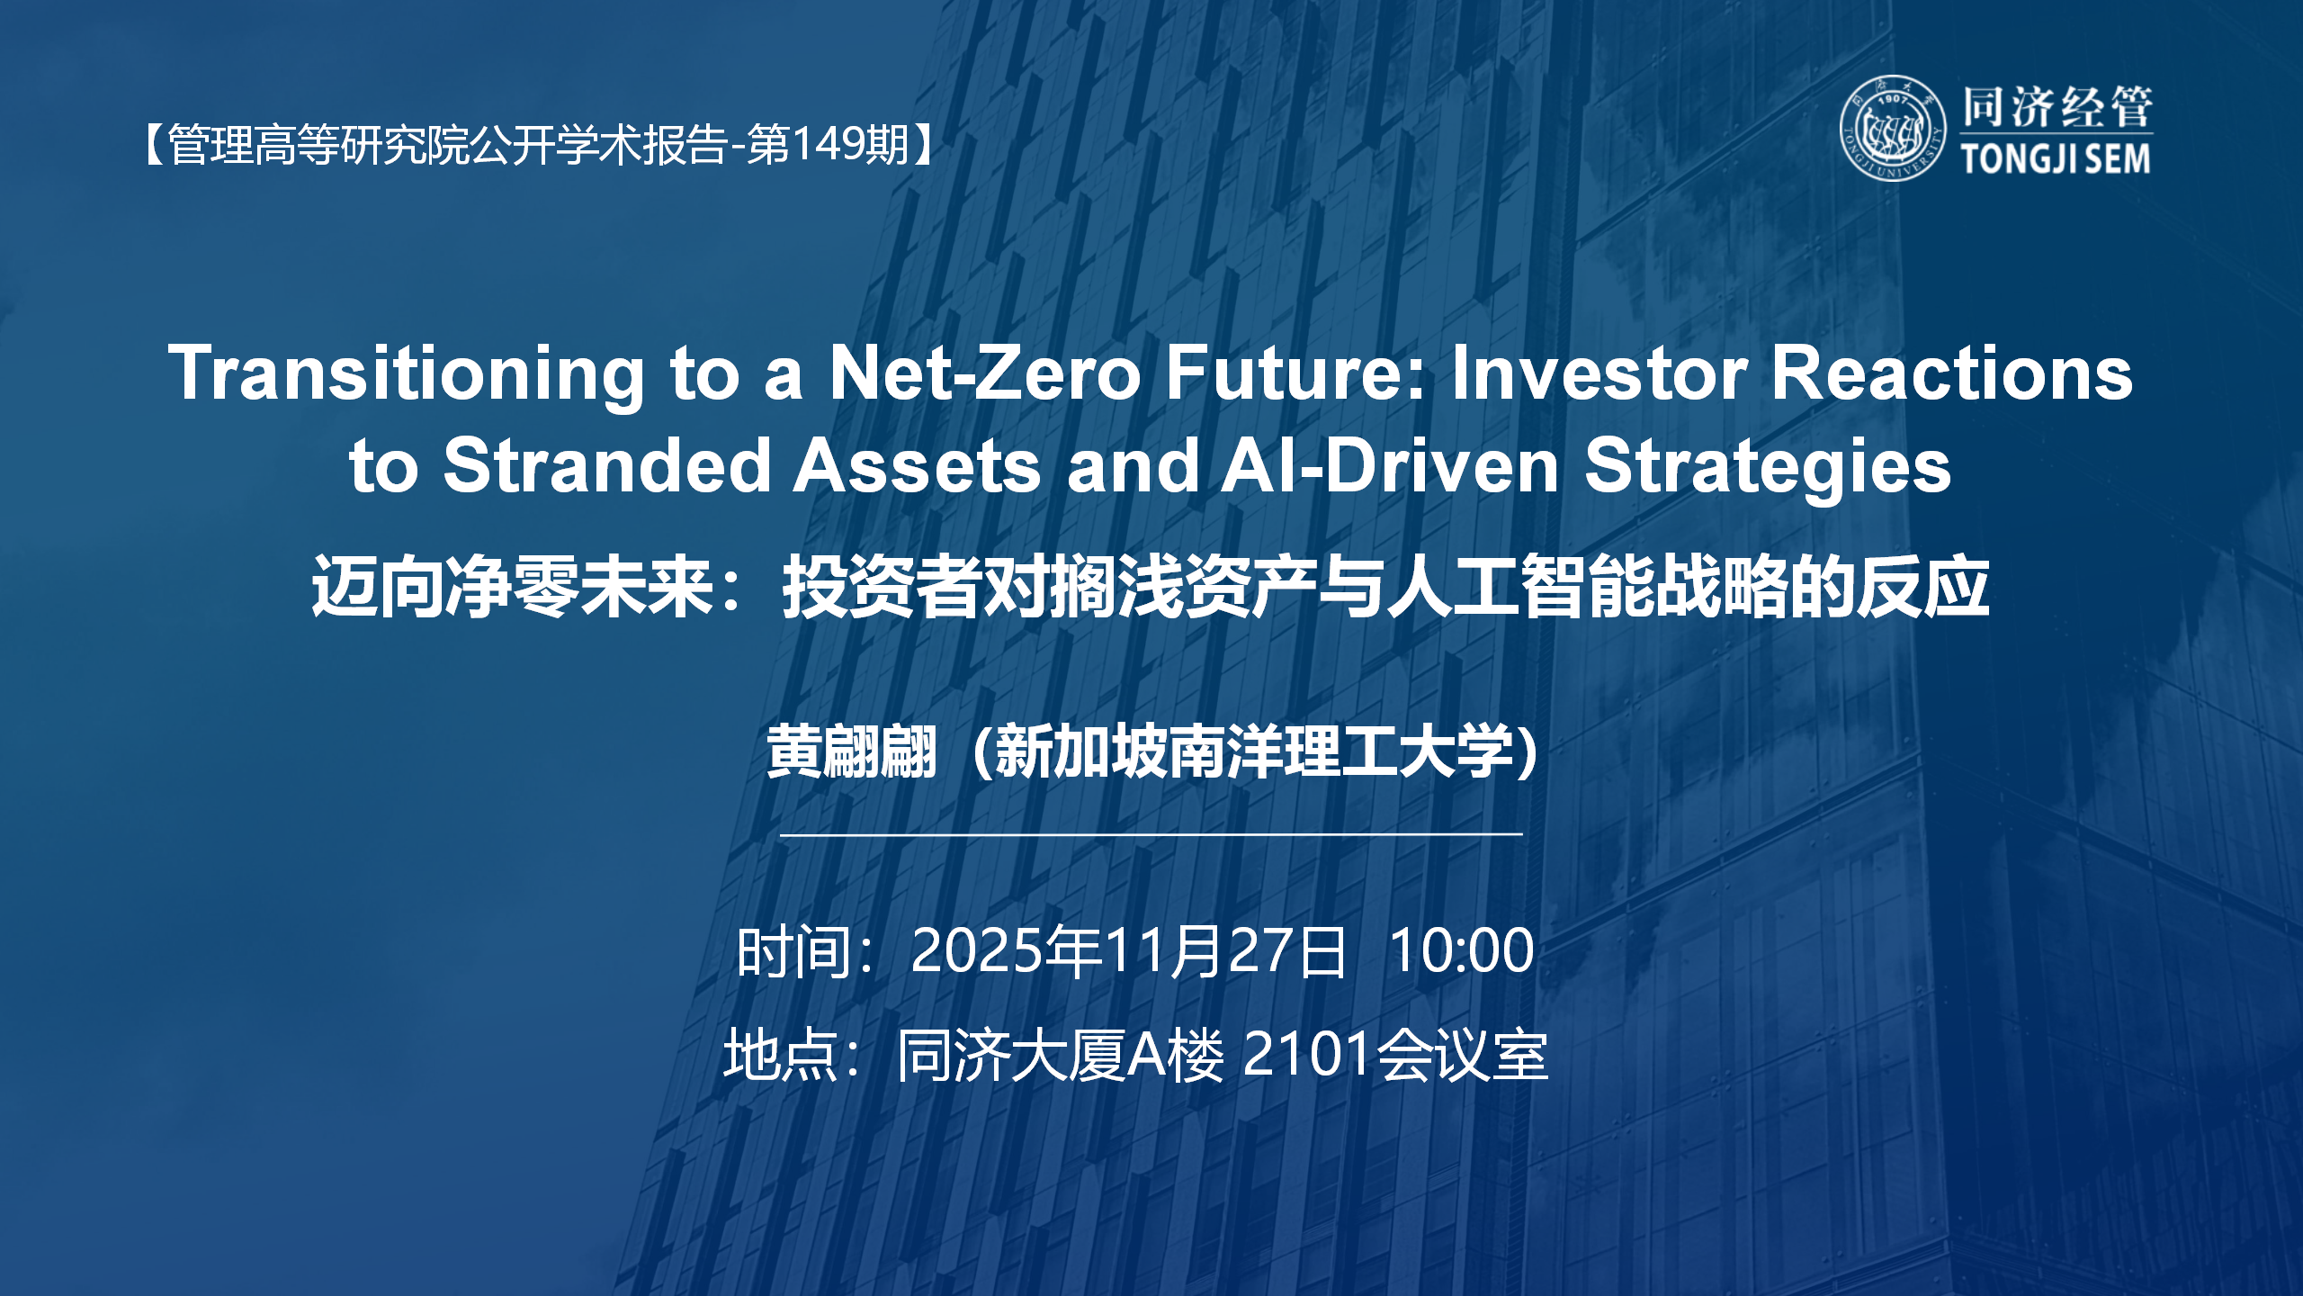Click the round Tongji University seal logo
coord(1893,128)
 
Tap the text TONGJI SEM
coord(2056,159)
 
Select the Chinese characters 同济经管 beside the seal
coord(2057,107)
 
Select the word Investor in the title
coord(1600,373)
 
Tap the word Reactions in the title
coord(1952,373)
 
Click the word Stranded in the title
coord(607,466)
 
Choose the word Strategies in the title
coord(1768,466)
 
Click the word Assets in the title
coord(916,466)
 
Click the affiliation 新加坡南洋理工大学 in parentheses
coord(1255,751)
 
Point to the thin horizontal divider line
coord(1151,835)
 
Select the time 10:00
coord(1461,950)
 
